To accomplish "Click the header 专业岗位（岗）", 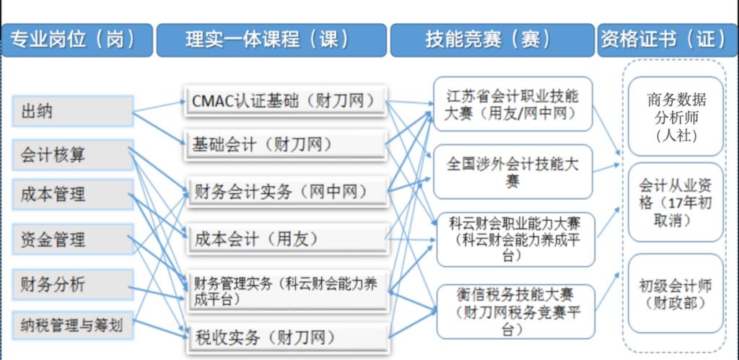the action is (77, 40).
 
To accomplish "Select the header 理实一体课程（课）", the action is (271, 40).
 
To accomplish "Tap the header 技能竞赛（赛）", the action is (492, 40).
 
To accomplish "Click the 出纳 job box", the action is (73, 111).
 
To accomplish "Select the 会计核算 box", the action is (73, 154).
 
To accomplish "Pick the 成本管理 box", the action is (73, 194).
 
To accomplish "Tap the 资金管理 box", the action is (73, 239).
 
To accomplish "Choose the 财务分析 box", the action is (73, 284).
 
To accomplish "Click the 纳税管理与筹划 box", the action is (73, 325).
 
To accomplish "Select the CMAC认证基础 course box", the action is (286, 101).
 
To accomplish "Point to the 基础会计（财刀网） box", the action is (286, 145).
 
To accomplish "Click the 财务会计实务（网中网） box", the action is (288, 191).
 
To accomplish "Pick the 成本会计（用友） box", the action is (288, 240).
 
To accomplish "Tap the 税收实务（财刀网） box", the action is (288, 338).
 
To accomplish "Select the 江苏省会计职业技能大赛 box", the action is (513, 104).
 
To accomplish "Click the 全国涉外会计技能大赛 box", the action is (513, 172).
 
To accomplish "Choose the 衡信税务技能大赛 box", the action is (516, 312).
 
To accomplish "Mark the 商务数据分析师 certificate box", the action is (675, 116).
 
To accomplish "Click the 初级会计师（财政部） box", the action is (675, 293).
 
